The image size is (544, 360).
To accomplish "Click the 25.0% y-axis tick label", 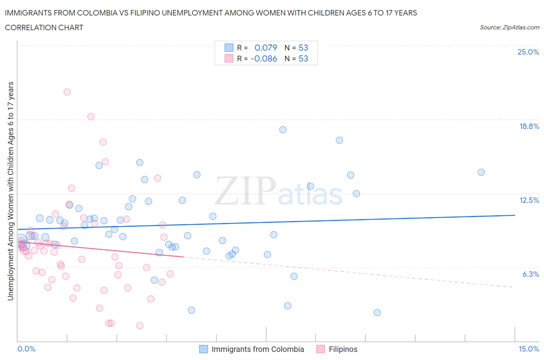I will [528, 52].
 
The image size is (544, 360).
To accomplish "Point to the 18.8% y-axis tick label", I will [529, 126].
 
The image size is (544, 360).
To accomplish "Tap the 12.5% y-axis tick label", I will [529, 200].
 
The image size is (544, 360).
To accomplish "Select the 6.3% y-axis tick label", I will [530, 274].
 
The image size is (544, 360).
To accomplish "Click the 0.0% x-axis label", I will [26, 349].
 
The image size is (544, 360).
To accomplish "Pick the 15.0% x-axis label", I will [529, 349].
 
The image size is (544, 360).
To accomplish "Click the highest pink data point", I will [67, 92].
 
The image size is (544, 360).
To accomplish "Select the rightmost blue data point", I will [481, 172].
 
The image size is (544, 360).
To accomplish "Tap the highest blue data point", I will [283, 130].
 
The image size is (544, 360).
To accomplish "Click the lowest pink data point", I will [140, 326].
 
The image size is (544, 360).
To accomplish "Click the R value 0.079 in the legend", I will [266, 48].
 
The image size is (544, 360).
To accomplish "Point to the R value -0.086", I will [264, 58].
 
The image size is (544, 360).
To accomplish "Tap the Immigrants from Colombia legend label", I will [258, 349].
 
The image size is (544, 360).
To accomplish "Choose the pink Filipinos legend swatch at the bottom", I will [320, 349].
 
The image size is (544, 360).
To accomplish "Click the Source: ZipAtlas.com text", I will [509, 27].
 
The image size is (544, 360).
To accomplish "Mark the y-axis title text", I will [11, 191].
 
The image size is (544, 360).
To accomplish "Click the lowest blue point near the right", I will [377, 312].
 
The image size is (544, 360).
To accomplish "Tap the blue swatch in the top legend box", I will [229, 48].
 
